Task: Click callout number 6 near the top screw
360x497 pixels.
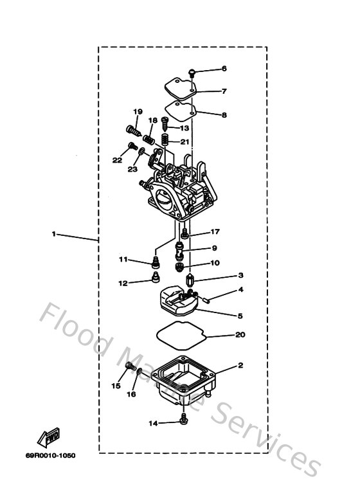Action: click(x=224, y=68)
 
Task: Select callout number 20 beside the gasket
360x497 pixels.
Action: click(x=240, y=335)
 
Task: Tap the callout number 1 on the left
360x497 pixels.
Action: click(x=53, y=234)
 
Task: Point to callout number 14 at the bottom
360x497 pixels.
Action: click(x=153, y=422)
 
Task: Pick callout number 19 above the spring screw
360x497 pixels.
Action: click(x=138, y=112)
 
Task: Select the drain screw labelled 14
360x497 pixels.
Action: click(x=185, y=419)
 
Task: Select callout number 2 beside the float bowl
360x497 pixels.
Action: click(x=240, y=365)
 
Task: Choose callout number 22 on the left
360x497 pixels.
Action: click(x=116, y=161)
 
